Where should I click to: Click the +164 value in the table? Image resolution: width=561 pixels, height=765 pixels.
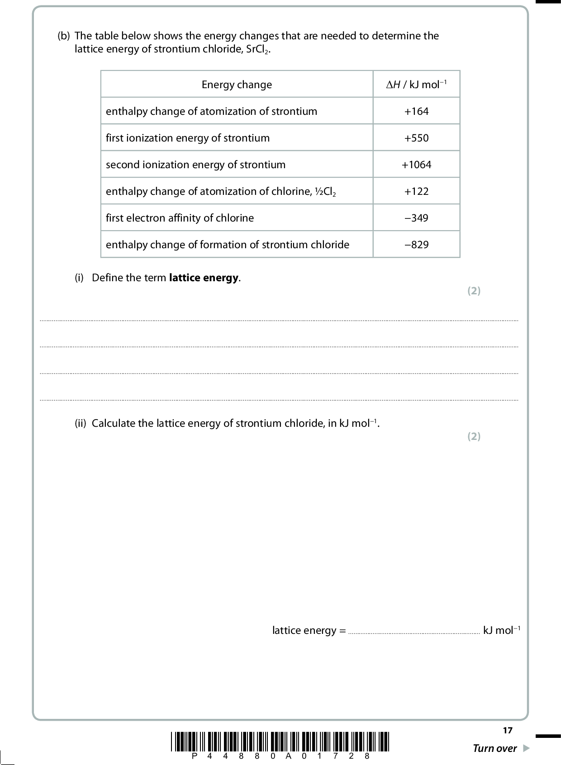416,111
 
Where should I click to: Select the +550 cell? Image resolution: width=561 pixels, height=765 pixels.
416,138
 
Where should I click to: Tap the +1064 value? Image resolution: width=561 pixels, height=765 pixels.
416,165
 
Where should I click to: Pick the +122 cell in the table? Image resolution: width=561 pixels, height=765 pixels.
416,191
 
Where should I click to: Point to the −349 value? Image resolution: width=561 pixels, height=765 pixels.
416,218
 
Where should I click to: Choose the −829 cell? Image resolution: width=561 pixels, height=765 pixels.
416,245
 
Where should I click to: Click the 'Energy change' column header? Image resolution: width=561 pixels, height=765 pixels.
237,85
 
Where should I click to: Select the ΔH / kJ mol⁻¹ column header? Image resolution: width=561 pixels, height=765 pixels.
416,85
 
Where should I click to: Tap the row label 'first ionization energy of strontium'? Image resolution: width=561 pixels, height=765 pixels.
187,138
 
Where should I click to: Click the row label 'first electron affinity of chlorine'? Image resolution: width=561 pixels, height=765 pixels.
180,218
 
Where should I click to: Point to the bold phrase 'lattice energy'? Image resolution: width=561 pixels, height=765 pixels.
204,278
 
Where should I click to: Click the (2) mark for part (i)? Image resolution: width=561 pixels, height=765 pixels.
474,291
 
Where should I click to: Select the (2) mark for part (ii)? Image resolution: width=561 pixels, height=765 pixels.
474,436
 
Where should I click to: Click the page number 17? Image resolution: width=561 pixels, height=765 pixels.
508,730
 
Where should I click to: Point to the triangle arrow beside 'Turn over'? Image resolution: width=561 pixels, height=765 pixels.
525,748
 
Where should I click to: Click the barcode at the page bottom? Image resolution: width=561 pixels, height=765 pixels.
280,741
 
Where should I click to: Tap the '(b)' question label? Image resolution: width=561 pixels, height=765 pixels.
64,36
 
